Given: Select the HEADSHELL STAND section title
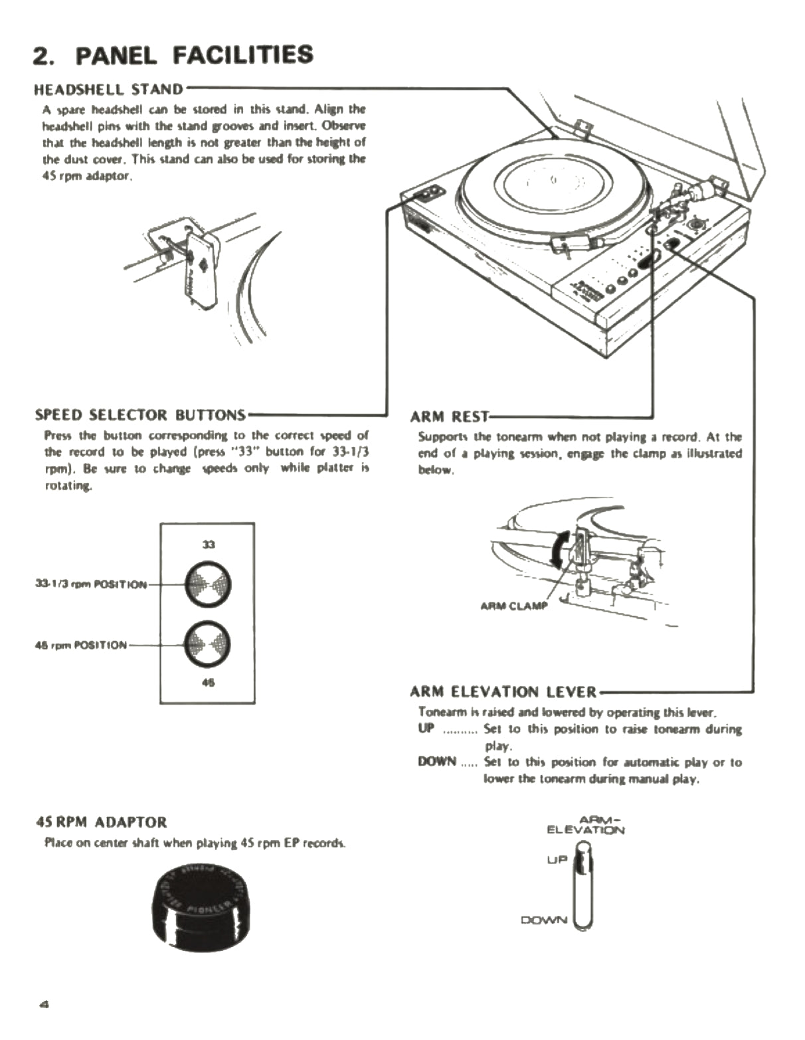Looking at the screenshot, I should tap(108, 89).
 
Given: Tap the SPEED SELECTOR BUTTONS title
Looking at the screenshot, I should tap(140, 415).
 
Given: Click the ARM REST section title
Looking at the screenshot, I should tap(449, 417).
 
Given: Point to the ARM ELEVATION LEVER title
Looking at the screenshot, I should tap(503, 692).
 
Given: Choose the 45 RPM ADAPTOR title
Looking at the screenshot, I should tap(101, 822).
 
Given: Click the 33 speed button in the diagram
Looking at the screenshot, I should tap(208, 584).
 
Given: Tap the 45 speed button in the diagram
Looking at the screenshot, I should tap(207, 644).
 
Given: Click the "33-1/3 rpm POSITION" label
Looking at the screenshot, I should tap(91, 584).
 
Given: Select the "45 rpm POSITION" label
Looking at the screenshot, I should tap(80, 645).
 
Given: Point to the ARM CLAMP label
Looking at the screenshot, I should tap(513, 606).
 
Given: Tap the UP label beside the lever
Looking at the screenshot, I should tap(557, 859).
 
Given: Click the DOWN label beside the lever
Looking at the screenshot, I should tap(544, 920).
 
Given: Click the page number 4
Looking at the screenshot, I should tap(45, 1003).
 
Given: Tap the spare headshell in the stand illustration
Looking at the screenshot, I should tap(200, 269).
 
